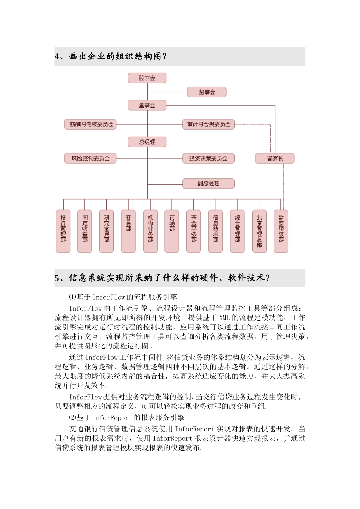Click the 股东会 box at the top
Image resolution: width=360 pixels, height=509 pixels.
point(147,78)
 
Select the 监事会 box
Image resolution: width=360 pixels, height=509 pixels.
point(207,92)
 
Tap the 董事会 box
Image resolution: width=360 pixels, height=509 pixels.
point(147,105)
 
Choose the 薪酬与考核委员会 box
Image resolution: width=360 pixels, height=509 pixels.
point(91,124)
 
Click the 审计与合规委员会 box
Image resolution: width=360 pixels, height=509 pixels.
point(208,124)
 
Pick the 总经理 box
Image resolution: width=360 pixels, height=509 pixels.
point(147,142)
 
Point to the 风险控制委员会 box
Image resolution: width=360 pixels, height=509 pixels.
point(91,158)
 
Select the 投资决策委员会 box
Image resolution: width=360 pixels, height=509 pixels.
point(208,158)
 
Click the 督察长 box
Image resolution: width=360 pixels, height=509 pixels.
point(275,158)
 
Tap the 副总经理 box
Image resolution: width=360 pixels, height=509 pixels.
point(208,183)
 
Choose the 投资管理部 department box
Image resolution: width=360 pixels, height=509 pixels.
point(63,231)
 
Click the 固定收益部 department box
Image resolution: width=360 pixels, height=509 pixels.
point(85,231)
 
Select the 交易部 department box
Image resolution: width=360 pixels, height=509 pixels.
point(128,231)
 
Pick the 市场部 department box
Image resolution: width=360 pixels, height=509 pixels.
point(172,231)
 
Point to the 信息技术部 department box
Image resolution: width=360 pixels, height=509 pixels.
point(216,231)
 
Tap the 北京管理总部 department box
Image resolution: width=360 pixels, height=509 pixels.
point(260,231)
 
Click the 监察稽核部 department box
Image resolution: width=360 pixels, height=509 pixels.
point(281,231)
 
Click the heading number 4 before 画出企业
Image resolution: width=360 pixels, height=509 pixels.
point(57,57)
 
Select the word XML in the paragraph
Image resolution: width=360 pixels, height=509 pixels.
point(224,318)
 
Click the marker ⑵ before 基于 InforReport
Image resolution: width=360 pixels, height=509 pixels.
point(72,418)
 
